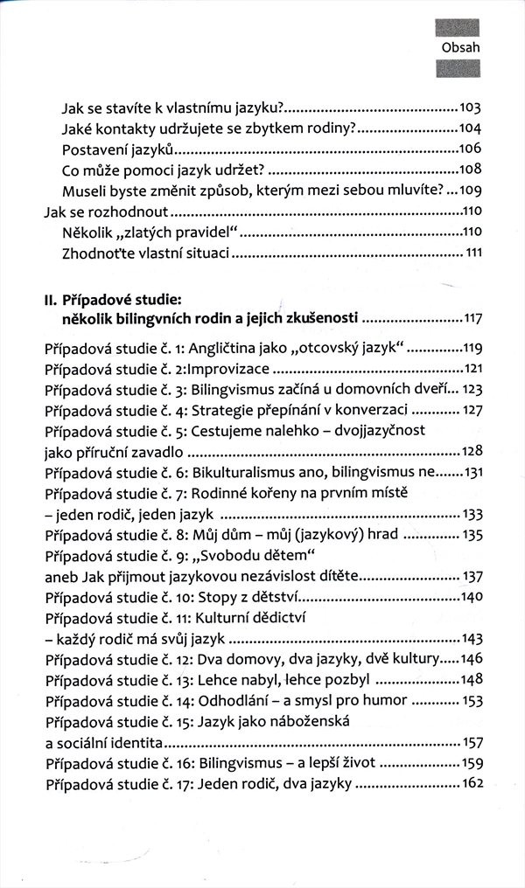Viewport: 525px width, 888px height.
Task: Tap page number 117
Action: [x=472, y=316]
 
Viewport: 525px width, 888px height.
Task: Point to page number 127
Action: [x=471, y=410]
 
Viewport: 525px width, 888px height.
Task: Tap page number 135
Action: [x=471, y=533]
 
